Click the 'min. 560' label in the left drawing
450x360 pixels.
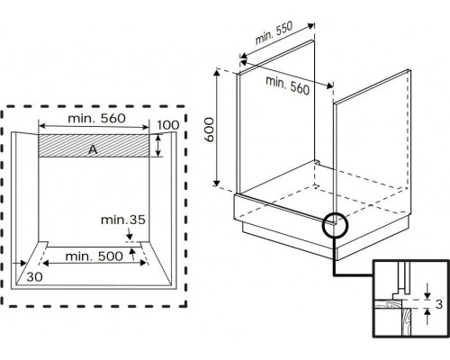[x=96, y=119]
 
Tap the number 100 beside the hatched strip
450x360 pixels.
[x=168, y=125]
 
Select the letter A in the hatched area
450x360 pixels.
[x=93, y=149]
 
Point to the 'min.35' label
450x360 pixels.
[x=123, y=220]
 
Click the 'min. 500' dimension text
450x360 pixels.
[x=94, y=256]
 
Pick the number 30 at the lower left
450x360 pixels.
[x=34, y=277]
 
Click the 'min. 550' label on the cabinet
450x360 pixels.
[x=274, y=33]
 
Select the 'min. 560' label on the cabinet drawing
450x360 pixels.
[x=287, y=85]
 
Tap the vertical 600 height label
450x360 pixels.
[x=210, y=130]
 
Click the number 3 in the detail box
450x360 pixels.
[x=439, y=304]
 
